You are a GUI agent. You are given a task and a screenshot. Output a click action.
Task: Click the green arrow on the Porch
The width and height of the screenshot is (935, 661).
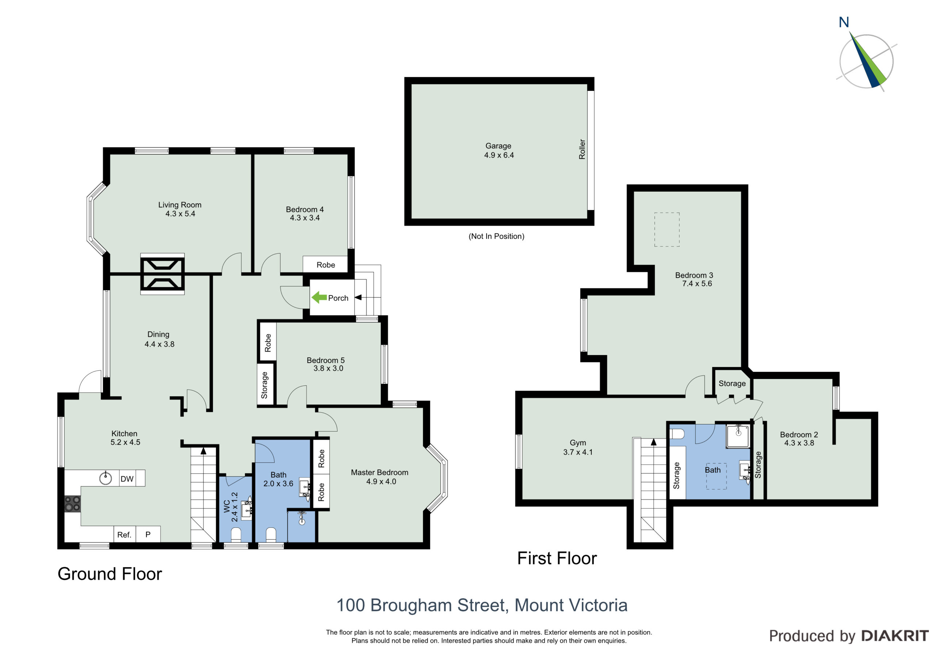[x=319, y=298]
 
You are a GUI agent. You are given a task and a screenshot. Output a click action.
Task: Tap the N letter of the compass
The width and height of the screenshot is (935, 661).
[x=844, y=22]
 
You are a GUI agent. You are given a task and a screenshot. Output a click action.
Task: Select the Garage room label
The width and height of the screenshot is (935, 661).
[x=499, y=146]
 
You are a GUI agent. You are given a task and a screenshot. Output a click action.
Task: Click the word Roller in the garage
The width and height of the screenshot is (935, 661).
[x=582, y=149]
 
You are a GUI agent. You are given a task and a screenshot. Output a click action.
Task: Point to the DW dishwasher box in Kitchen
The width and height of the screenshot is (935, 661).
[x=127, y=478]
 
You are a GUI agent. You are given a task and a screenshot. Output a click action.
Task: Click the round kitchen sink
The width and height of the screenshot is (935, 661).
[x=106, y=478]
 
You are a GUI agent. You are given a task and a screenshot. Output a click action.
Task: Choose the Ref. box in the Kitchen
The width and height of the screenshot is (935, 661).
[x=124, y=534]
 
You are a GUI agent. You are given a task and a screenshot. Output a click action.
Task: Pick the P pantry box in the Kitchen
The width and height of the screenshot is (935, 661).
[x=148, y=534]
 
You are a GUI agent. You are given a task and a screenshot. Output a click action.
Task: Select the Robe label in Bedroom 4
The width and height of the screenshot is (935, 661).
[x=326, y=265]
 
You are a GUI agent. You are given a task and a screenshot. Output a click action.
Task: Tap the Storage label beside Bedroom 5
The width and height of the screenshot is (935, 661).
[x=264, y=385]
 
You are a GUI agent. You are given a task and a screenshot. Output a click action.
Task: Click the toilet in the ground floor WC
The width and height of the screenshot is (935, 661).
[x=236, y=534]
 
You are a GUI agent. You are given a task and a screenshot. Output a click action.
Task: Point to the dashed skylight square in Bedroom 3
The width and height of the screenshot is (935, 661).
[x=667, y=229]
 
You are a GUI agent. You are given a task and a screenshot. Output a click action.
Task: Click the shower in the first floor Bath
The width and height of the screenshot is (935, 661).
[x=738, y=436]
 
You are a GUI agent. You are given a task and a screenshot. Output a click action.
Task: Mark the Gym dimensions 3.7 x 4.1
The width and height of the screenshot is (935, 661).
[x=578, y=452]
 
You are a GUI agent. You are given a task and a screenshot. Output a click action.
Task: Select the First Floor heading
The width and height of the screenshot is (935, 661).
[x=557, y=558]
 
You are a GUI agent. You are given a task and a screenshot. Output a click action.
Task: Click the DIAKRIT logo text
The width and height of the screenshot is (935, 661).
[x=895, y=636]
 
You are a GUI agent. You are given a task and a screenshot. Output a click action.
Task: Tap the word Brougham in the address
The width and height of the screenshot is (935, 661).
[x=412, y=605]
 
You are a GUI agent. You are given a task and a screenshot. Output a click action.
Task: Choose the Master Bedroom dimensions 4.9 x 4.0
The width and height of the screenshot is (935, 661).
[x=381, y=481]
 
